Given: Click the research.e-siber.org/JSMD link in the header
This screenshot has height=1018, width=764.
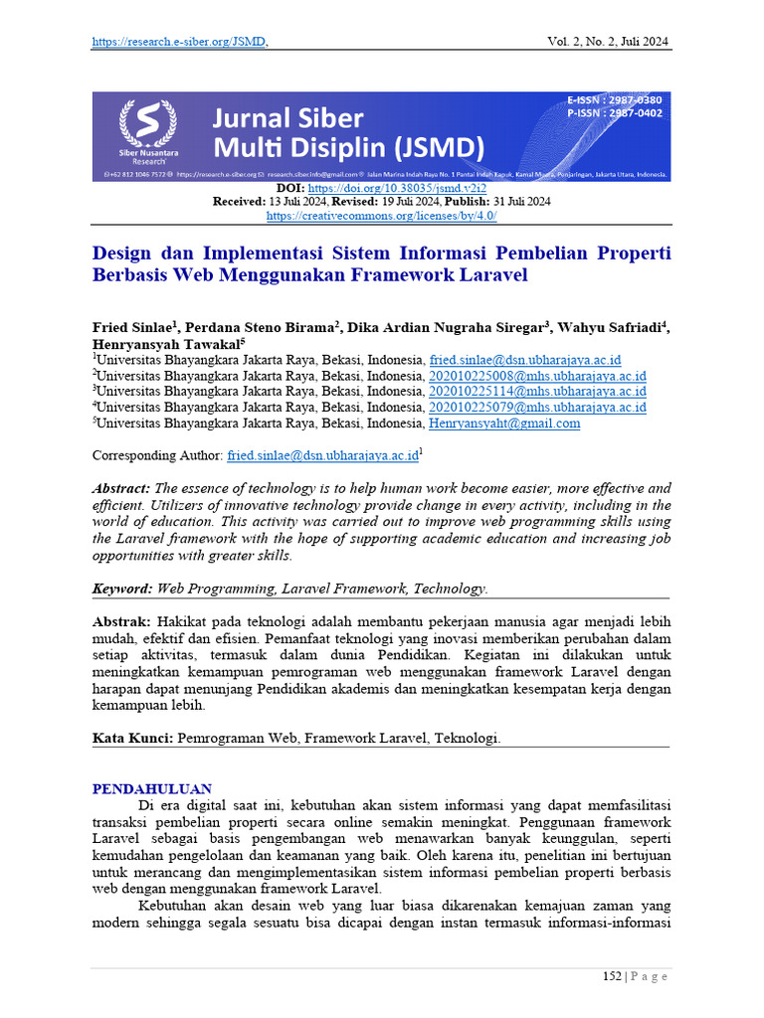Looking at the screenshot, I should (x=179, y=42).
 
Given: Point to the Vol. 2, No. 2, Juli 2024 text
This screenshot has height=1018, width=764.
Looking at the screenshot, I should (x=608, y=42).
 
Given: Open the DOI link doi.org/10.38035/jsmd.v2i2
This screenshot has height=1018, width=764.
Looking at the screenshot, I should (x=411, y=188).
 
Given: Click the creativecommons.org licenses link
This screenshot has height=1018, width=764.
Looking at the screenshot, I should (x=382, y=215).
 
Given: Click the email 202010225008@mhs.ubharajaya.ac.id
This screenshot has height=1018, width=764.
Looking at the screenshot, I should (x=537, y=377).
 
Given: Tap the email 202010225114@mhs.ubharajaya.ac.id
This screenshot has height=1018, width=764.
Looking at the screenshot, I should (x=537, y=392).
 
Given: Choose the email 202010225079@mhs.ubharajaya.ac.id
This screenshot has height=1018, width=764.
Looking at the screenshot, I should (x=537, y=408).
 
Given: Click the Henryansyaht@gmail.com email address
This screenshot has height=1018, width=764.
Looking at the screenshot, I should (x=504, y=424).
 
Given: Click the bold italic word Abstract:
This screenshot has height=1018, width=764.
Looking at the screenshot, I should (x=121, y=488).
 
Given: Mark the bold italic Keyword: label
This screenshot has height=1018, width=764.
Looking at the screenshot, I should (x=122, y=590).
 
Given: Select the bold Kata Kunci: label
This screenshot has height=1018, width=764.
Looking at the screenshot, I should (x=133, y=739).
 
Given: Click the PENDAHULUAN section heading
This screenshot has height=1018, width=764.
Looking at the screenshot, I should (x=152, y=789).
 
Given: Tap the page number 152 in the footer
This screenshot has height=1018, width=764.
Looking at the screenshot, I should (x=612, y=977).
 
